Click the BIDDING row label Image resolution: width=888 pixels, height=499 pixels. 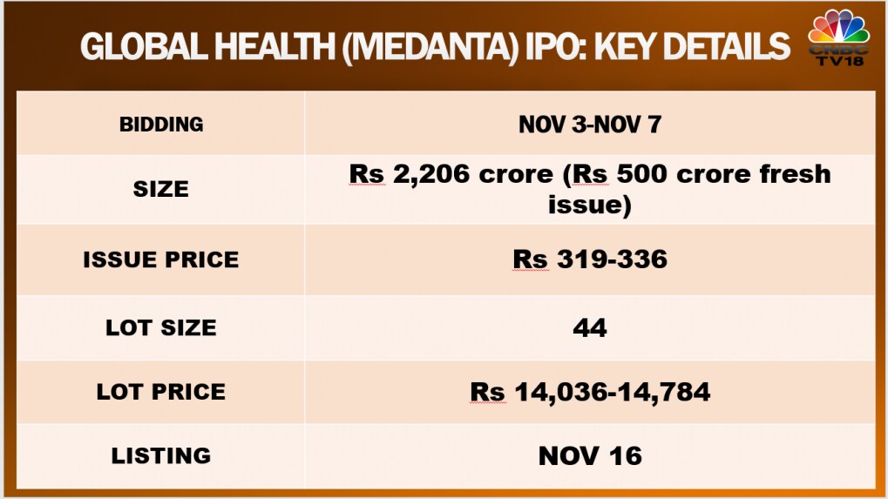(161, 125)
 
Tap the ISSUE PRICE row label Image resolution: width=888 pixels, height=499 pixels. (161, 260)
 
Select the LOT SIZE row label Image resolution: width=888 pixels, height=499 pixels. (161, 327)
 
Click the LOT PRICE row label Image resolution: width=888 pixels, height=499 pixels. (161, 392)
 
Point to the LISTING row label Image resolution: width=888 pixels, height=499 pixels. (161, 455)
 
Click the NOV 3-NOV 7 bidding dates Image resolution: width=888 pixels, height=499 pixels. (590, 125)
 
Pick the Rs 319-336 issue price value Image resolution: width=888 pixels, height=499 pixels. (590, 260)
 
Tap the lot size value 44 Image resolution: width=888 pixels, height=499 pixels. (590, 327)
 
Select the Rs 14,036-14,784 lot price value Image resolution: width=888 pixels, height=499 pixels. (590, 392)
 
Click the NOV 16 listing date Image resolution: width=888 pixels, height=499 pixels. (590, 455)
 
